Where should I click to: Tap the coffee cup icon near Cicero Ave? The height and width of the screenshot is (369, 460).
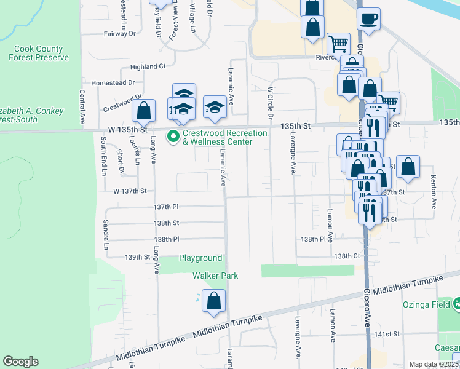click(368, 18)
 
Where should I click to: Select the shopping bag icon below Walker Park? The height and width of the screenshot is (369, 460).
click(214, 301)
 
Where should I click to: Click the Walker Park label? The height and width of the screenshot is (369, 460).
click(215, 276)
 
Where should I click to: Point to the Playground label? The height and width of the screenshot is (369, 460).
click(200, 258)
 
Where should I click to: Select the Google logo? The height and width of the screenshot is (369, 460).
click(20, 362)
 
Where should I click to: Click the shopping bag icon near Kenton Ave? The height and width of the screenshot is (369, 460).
click(408, 167)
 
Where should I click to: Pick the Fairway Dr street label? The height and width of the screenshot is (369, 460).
click(119, 34)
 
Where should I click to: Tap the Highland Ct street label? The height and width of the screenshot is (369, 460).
click(148, 66)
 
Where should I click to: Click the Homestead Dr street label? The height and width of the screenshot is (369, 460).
click(113, 82)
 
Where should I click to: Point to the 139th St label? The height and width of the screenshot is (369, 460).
click(138, 257)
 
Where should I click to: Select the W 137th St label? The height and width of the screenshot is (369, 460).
click(129, 191)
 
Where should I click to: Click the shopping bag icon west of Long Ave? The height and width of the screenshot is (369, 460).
click(143, 112)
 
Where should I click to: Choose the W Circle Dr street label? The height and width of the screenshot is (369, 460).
click(269, 103)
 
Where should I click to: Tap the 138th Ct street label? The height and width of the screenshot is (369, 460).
click(346, 255)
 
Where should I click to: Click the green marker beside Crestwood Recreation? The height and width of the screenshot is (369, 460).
click(173, 137)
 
